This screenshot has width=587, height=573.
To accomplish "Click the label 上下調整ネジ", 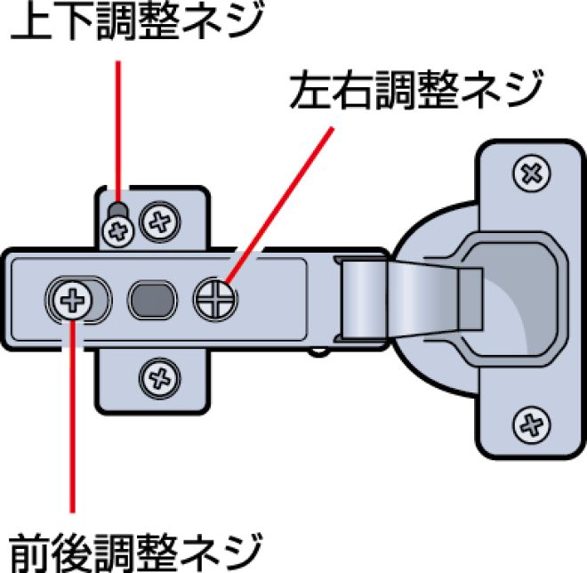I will (x=138, y=22).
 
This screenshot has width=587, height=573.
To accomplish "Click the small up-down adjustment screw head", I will (x=117, y=232).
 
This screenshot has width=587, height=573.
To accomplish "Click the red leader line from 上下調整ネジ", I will (x=118, y=125).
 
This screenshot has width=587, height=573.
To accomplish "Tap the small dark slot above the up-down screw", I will (x=117, y=212).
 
